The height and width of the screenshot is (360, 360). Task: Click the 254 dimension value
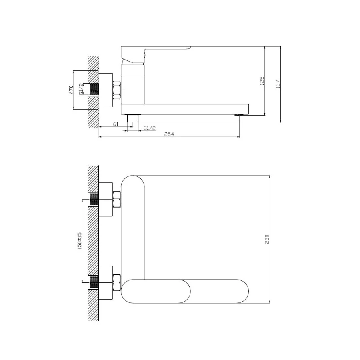pyautogui.click(x=169, y=134)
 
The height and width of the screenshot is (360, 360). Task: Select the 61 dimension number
pyautogui.click(x=116, y=124)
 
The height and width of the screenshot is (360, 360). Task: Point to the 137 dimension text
pyautogui.click(x=278, y=84)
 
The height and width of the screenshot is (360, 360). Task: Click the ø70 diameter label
pyautogui.click(x=71, y=90)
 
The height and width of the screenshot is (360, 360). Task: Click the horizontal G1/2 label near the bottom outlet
pyautogui.click(x=149, y=128)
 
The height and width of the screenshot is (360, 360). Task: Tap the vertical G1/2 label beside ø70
pyautogui.click(x=81, y=89)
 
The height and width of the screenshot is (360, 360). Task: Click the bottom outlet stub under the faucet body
pyautogui.click(x=132, y=118)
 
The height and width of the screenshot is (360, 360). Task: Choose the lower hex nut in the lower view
pyautogui.click(x=116, y=282)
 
